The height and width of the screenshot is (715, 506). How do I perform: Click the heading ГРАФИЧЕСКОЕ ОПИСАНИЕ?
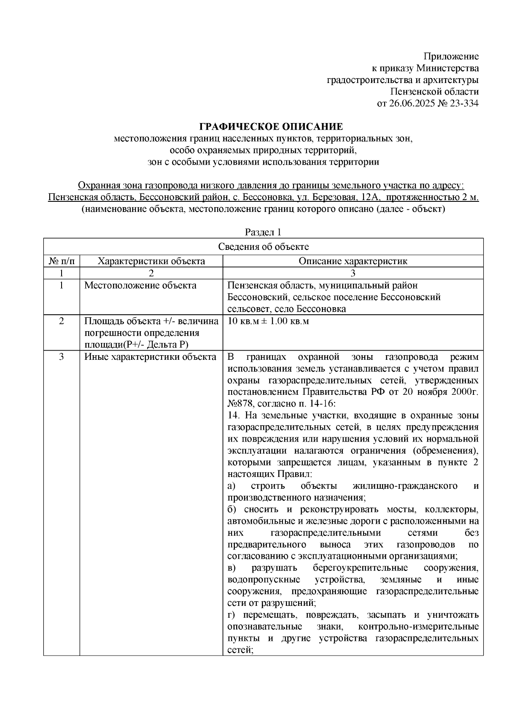[x=271, y=127]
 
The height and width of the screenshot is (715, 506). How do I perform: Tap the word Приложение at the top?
[x=451, y=56]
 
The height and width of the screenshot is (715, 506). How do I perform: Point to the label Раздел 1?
[x=263, y=232]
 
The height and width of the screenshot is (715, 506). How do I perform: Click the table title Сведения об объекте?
[x=263, y=246]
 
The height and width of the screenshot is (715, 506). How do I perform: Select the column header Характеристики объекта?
[x=151, y=261]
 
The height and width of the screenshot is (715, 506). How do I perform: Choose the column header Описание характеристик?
[x=353, y=261]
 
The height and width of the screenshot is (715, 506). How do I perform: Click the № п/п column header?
[x=62, y=261]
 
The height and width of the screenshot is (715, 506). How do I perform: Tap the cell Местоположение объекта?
[x=140, y=286]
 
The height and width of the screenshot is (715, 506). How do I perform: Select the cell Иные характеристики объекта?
[x=150, y=357]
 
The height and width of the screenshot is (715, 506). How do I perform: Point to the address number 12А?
[x=371, y=197]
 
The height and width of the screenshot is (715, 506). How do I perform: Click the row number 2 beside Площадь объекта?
[x=62, y=321]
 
